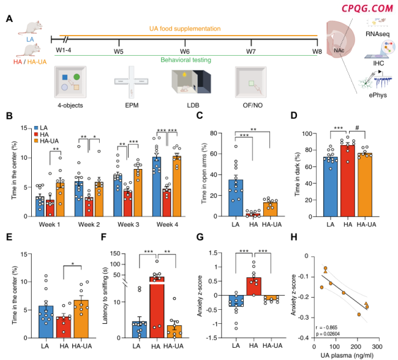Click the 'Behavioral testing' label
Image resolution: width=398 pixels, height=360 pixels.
(186, 60)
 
